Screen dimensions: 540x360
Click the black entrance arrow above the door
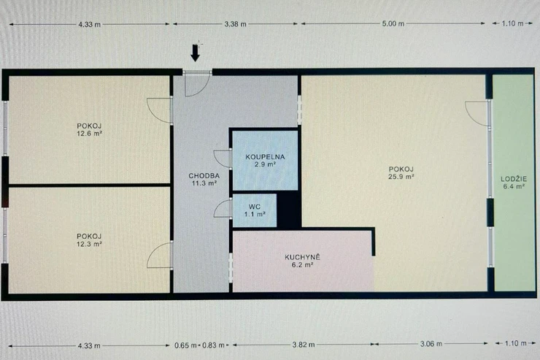click(x=196, y=53)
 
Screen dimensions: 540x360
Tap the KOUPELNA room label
click(x=265, y=157)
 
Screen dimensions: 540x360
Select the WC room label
click(x=255, y=207)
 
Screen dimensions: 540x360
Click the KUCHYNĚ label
click(x=302, y=257)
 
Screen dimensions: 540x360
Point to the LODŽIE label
click(x=514, y=179)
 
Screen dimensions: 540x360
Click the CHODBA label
click(x=204, y=176)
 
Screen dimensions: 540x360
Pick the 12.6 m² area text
click(x=89, y=134)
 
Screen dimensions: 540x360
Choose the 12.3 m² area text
click(x=89, y=244)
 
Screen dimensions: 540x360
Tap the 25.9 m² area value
click(x=401, y=177)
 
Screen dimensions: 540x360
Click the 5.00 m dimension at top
click(x=393, y=24)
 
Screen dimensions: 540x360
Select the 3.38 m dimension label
click(x=236, y=24)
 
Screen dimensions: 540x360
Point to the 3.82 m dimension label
click(x=304, y=345)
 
